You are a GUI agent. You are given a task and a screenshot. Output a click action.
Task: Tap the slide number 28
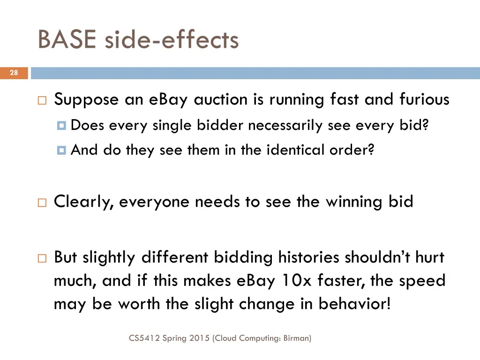tap(14, 73)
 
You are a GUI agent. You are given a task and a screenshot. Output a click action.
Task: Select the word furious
tap(424, 99)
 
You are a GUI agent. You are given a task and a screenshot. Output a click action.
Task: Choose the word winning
tap(354, 202)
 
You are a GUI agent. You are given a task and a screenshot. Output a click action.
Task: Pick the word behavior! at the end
tap(354, 304)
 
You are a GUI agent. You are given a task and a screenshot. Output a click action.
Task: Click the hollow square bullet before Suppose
tap(42, 100)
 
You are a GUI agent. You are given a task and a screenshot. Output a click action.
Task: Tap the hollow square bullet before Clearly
tap(42, 202)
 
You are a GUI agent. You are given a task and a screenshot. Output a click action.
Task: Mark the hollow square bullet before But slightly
tap(42, 258)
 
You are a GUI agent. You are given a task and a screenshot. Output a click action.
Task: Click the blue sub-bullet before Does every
tap(61, 126)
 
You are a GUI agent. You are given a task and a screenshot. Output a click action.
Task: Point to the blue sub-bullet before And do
tap(61, 150)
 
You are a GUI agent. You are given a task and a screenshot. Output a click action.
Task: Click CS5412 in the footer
tap(144, 337)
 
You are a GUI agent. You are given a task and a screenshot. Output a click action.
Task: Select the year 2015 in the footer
tap(199, 337)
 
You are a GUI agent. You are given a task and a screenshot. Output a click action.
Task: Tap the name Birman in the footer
tap(296, 337)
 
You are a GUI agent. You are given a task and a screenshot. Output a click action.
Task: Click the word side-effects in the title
tap(171, 39)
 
